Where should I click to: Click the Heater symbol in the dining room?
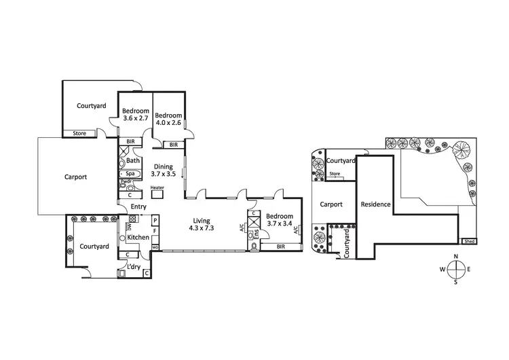(157, 193)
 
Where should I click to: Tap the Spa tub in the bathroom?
(130, 173)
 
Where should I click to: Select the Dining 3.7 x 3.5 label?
(163, 170)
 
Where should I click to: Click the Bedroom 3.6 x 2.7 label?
(135, 114)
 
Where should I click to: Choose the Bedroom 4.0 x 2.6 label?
(168, 119)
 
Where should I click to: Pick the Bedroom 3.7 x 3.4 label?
(279, 219)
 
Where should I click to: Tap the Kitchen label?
(138, 237)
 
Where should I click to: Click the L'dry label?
(134, 267)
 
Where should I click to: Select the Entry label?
(138, 206)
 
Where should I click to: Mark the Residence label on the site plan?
(375, 204)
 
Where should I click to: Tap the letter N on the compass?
(457, 256)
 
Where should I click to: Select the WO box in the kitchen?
(155, 247)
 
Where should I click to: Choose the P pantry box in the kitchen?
(155, 221)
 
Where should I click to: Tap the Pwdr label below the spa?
(126, 182)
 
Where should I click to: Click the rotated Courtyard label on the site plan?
(347, 244)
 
